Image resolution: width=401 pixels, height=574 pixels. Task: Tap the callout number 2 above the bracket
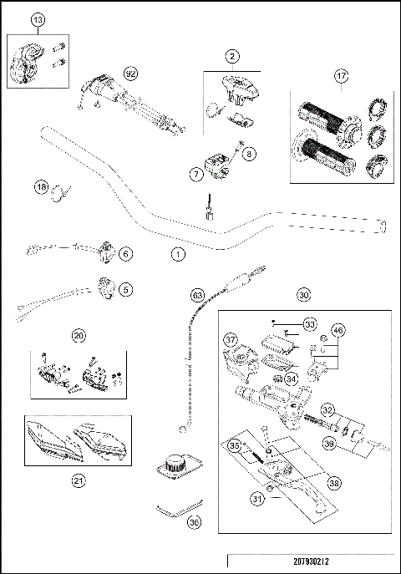click(x=231, y=57)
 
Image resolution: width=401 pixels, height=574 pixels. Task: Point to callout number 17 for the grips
click(x=340, y=77)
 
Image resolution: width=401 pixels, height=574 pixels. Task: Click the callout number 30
click(x=303, y=295)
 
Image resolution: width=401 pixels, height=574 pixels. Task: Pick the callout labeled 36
click(x=195, y=523)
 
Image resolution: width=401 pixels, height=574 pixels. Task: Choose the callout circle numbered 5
click(x=126, y=289)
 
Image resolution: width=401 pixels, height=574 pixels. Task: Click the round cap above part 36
click(x=175, y=462)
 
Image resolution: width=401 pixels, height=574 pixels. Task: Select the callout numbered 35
click(x=235, y=446)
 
